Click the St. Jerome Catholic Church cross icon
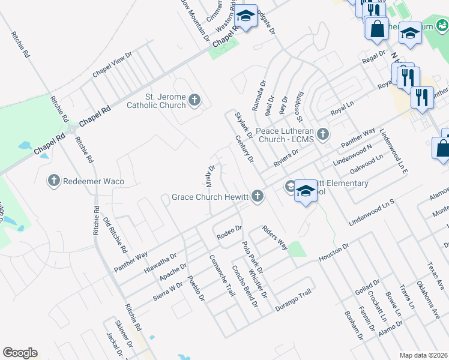click(x=194, y=100)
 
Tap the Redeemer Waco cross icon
click(x=53, y=180)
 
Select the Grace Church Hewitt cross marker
click(x=258, y=196)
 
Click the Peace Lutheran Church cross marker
click(x=323, y=134)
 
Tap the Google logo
click(x=20, y=353)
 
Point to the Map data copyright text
click(x=424, y=355)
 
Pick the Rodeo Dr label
click(x=229, y=232)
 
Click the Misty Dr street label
click(x=211, y=175)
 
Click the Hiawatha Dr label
click(x=160, y=262)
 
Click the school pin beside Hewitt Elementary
click(x=306, y=191)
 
